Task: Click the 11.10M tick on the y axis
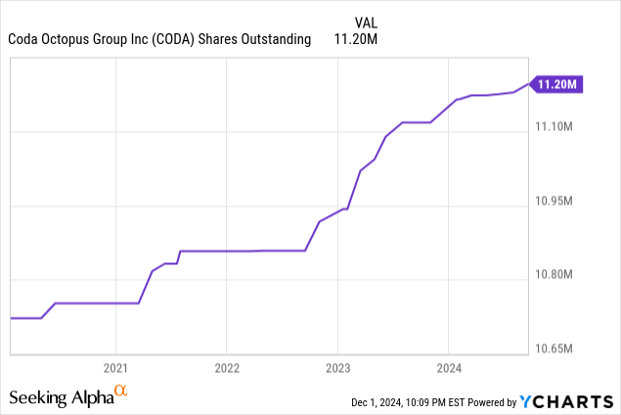click(558, 128)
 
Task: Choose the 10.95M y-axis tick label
click(558, 202)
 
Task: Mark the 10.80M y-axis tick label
click(558, 275)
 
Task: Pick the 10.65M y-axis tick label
click(558, 349)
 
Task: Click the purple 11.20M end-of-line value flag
click(556, 85)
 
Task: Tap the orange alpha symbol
click(121, 392)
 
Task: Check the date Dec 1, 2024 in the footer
click(381, 402)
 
